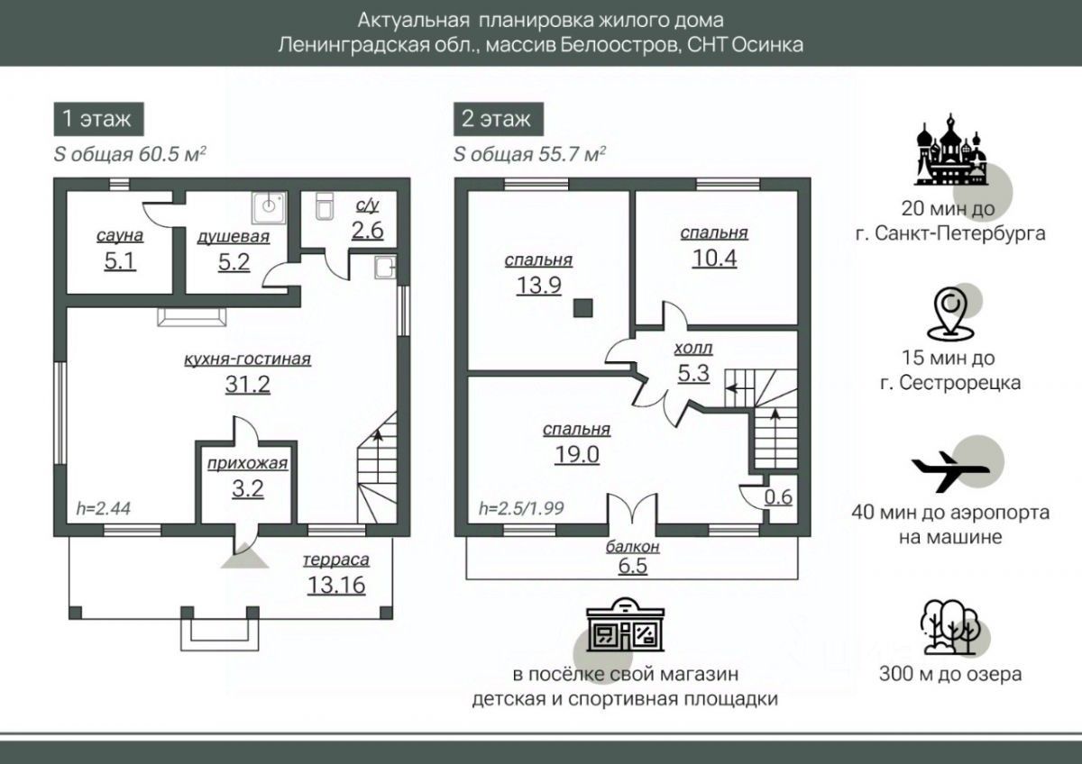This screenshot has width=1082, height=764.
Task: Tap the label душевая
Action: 234,237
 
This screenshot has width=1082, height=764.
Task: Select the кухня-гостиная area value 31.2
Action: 247,385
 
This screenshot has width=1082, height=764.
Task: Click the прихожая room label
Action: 247,464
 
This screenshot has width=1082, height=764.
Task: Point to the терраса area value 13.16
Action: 336,586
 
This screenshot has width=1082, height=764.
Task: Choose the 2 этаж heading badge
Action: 496,118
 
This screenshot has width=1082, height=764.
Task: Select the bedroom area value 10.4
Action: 714,259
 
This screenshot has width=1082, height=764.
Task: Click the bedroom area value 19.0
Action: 577,455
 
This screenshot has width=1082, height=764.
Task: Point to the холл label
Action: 692,348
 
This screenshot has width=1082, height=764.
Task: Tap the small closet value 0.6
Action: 779,496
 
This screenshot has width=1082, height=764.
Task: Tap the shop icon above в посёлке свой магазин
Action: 624,627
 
